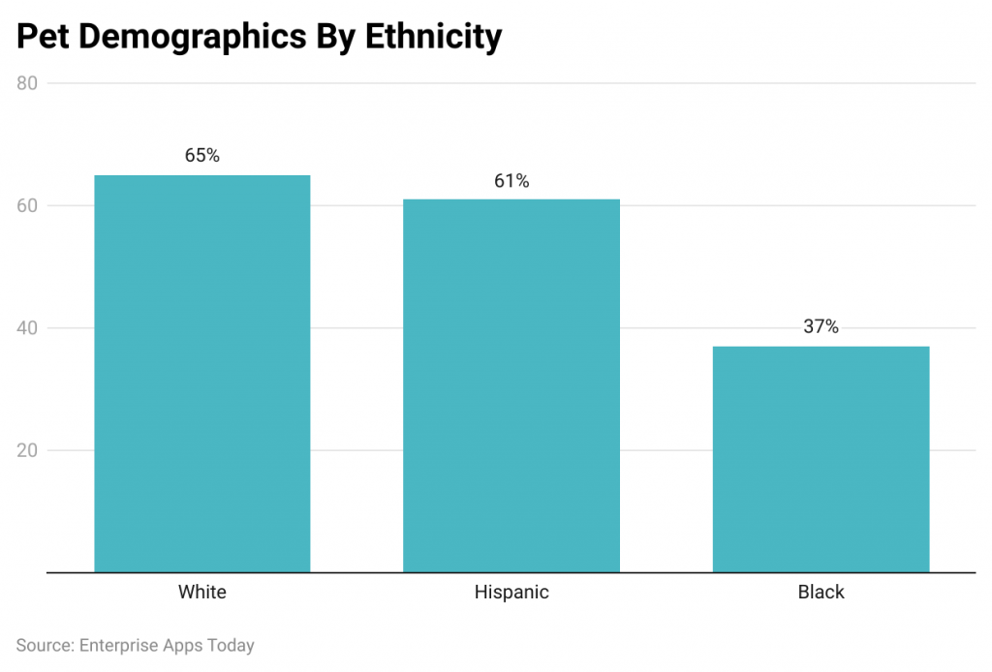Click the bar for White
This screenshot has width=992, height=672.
click(x=201, y=373)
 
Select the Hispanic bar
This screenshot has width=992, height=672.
click(x=511, y=385)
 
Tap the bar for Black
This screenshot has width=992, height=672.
click(x=821, y=458)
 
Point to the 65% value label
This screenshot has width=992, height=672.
click(x=202, y=155)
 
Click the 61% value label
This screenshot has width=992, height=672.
click(x=511, y=181)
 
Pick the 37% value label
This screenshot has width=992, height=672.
click(x=821, y=327)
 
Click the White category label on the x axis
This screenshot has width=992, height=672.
click(x=202, y=592)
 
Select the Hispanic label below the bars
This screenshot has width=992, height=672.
click(x=511, y=592)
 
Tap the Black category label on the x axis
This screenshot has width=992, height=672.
click(x=821, y=592)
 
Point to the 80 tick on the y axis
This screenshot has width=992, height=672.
click(x=27, y=83)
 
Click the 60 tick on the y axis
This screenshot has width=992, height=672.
click(x=27, y=205)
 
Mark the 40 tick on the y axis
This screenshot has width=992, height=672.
click(x=27, y=328)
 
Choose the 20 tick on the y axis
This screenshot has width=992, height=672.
click(x=27, y=450)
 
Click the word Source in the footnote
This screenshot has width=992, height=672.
click(x=45, y=645)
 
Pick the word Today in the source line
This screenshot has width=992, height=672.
click(x=231, y=645)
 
